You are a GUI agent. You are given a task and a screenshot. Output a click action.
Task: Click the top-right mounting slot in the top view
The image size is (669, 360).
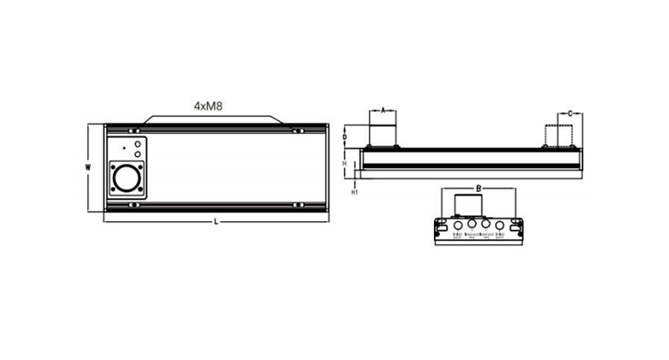pyautogui.click(x=296, y=131)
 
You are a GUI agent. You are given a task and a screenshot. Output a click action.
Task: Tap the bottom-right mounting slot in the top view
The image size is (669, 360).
pyautogui.click(x=296, y=205)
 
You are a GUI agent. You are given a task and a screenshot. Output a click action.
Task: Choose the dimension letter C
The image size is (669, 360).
pyautogui.click(x=570, y=112)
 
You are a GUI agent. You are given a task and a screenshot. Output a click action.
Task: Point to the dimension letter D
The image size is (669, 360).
pyautogui.click(x=345, y=136)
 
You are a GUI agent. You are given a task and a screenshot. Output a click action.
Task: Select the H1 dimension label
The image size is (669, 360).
pyautogui.click(x=355, y=193)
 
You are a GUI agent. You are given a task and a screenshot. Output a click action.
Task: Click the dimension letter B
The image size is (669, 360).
pyautogui.click(x=478, y=187)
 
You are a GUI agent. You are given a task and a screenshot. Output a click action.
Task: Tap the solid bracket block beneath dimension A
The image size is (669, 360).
pyautogui.click(x=383, y=135)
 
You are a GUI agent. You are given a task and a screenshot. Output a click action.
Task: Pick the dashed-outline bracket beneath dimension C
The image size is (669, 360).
pyautogui.click(x=563, y=135)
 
